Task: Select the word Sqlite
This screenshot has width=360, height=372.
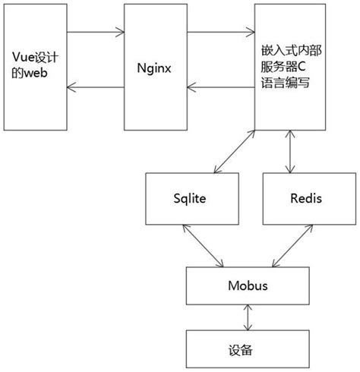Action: click(190, 198)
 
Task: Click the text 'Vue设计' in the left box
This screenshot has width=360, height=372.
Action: click(36, 57)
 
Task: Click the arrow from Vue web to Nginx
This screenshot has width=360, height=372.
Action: click(95, 33)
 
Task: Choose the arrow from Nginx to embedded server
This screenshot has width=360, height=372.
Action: click(220, 33)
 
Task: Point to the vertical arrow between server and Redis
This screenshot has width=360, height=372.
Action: click(289, 153)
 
